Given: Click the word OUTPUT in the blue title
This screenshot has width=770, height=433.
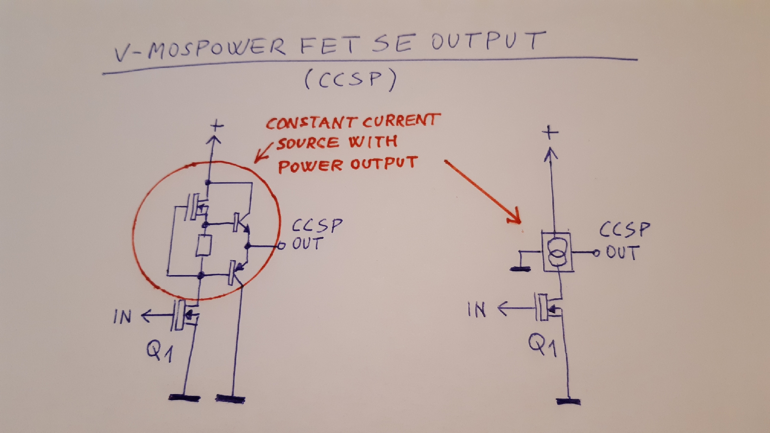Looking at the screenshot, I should tap(488, 41).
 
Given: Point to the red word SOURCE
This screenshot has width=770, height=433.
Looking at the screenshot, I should tap(308, 143).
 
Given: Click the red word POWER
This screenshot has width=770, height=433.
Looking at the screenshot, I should tap(310, 166).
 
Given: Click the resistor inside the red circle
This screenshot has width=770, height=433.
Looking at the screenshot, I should tap(204, 246).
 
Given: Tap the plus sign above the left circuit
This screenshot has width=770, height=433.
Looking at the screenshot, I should tap(217, 126).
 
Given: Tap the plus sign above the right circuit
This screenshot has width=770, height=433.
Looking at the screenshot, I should tap(550, 132).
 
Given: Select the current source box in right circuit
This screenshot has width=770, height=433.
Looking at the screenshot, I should tap(557, 252).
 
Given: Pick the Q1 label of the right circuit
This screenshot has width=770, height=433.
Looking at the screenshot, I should tap(542, 345).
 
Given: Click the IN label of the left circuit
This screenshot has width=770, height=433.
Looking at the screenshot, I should tap(122, 317).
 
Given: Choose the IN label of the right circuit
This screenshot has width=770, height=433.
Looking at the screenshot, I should tap(477, 309).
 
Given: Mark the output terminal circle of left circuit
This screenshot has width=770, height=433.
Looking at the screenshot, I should tap(281, 246).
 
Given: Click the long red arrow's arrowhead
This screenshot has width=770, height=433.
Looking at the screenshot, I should tap(515, 217).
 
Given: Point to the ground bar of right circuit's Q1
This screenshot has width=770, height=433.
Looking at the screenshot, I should tap(569, 401).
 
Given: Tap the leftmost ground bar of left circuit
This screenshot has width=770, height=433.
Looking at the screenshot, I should tap(184, 397).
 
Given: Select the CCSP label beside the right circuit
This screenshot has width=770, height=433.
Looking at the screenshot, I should tap(625, 230).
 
